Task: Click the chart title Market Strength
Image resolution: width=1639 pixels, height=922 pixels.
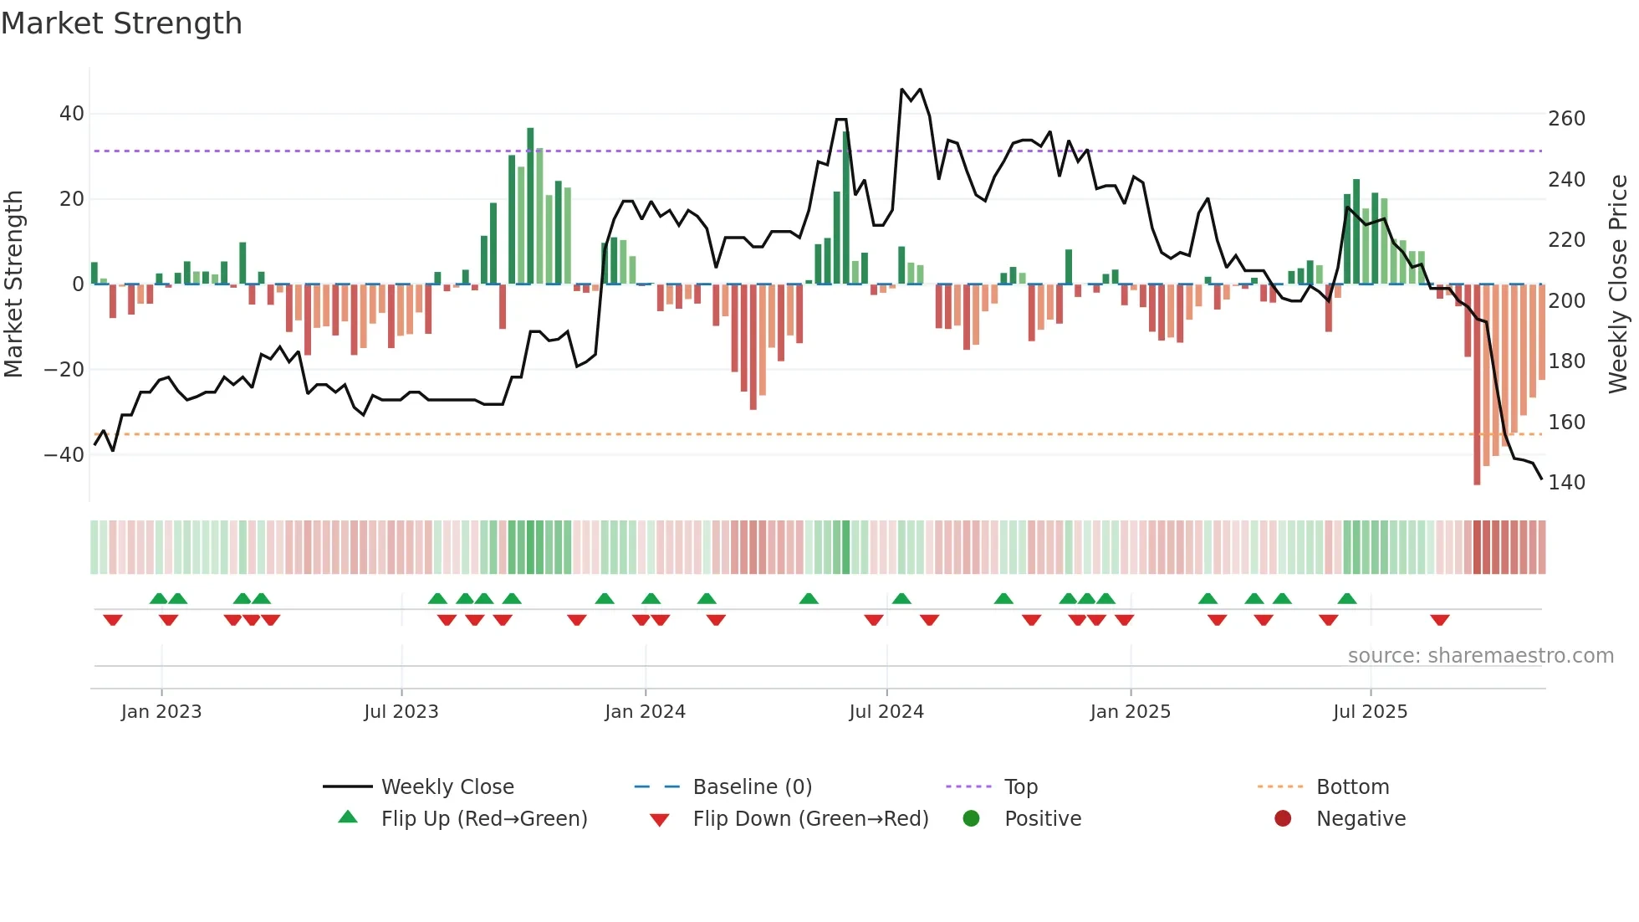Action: click(x=121, y=23)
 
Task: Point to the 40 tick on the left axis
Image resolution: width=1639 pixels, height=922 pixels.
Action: click(x=71, y=114)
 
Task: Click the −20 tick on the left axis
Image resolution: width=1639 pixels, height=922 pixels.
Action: click(x=64, y=370)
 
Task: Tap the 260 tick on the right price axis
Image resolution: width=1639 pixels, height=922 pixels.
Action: click(x=1566, y=119)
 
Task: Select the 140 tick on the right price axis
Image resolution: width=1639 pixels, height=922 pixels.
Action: click(x=1566, y=483)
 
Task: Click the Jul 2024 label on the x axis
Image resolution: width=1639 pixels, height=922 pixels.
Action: click(x=886, y=712)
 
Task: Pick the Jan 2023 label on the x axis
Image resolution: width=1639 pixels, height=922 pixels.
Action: click(x=161, y=712)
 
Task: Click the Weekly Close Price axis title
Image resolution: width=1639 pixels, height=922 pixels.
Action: click(x=1618, y=284)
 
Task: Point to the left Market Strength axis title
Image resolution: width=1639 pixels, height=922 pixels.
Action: click(x=13, y=284)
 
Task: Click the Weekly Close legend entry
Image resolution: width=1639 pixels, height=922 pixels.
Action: click(x=447, y=787)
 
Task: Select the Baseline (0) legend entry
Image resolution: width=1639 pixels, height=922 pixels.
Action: click(x=752, y=787)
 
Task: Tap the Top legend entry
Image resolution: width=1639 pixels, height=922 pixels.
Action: click(x=1020, y=787)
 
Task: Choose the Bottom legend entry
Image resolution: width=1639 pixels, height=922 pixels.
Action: click(x=1352, y=787)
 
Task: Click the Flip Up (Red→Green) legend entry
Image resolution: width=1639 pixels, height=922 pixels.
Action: click(x=483, y=819)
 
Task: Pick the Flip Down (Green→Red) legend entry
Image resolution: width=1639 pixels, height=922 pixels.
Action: click(x=810, y=819)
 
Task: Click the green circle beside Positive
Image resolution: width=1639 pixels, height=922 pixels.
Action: click(x=971, y=818)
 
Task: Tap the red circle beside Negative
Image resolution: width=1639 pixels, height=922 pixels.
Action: click(x=1283, y=818)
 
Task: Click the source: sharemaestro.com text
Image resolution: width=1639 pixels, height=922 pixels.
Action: click(x=1480, y=656)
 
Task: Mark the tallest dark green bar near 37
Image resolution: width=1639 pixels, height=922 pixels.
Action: click(x=530, y=205)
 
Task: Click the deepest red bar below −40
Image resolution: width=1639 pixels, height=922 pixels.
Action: click(x=1477, y=385)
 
